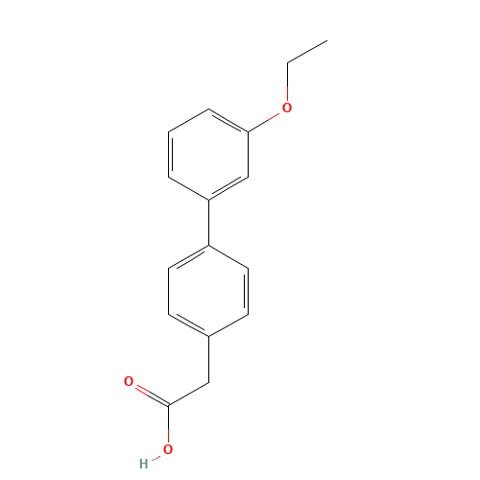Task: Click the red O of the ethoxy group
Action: point(285,108)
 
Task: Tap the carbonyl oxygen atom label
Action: point(129,382)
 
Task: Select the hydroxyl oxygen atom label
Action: point(167,448)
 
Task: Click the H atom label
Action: point(144,463)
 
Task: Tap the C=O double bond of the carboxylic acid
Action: point(150,395)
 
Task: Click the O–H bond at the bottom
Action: point(156,456)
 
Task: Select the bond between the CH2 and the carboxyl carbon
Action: point(189,396)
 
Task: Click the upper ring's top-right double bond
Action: point(228,121)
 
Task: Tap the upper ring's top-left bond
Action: point(189,121)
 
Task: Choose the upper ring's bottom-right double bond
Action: point(228,188)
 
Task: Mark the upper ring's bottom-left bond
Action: point(189,188)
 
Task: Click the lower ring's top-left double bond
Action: point(189,255)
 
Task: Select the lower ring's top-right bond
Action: point(228,255)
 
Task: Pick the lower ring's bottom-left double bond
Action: point(189,324)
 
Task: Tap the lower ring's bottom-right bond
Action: point(228,324)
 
